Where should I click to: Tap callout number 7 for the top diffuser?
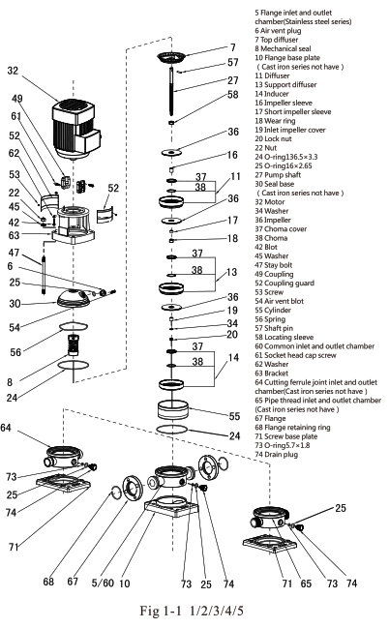coord(232,46)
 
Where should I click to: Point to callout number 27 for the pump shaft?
coord(232,80)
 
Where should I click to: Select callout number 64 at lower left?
coord(9,427)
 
